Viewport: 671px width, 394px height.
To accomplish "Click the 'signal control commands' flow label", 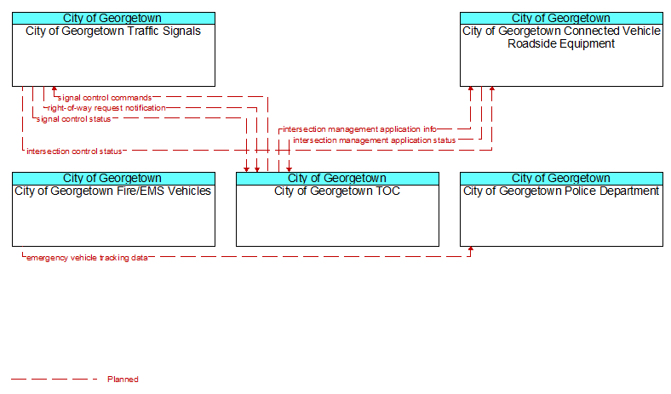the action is pyautogui.click(x=105, y=98).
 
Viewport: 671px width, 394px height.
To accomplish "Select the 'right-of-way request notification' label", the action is pyautogui.click(x=106, y=108).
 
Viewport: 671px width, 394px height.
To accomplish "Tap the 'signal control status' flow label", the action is pyautogui.click(x=73, y=119).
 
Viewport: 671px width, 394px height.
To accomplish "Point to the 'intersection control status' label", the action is pyautogui.click(x=74, y=151).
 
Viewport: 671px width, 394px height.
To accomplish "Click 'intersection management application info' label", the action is pyautogui.click(x=359, y=129).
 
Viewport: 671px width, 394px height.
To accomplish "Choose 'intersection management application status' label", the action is pyautogui.click(x=375, y=140).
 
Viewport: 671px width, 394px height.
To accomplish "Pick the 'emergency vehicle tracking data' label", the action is pyautogui.click(x=88, y=258).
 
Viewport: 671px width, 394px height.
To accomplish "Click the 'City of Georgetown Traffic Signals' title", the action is pyautogui.click(x=113, y=31).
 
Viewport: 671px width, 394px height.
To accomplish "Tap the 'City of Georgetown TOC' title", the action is pyautogui.click(x=337, y=191).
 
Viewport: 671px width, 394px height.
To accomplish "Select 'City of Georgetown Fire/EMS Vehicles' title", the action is pyautogui.click(x=113, y=191).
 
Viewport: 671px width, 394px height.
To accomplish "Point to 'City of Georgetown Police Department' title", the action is pyautogui.click(x=561, y=191).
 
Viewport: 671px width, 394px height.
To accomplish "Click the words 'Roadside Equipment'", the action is pyautogui.click(x=561, y=43).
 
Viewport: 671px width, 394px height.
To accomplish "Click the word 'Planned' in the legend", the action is pyautogui.click(x=123, y=379).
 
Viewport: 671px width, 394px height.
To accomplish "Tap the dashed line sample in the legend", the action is pyautogui.click(x=54, y=379).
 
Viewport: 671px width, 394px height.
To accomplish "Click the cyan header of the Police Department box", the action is pyautogui.click(x=561, y=179).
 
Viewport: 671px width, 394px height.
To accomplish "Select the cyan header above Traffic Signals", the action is pyautogui.click(x=113, y=19).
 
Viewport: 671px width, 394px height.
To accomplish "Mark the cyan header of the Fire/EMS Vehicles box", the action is pyautogui.click(x=113, y=179).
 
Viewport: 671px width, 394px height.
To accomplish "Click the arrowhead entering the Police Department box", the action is pyautogui.click(x=471, y=249).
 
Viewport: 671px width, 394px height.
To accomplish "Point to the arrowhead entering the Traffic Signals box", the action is pyautogui.click(x=54, y=89).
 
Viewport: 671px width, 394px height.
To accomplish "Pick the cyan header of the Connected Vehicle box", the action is pyautogui.click(x=561, y=19).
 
